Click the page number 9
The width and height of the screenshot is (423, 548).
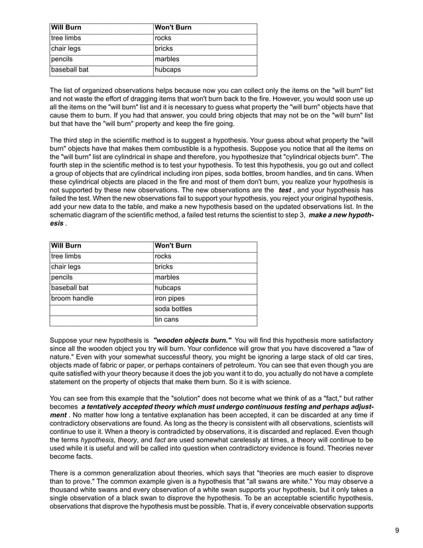pyautogui.click(x=396, y=530)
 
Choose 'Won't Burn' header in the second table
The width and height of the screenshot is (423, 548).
pyautogui.click(x=173, y=246)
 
